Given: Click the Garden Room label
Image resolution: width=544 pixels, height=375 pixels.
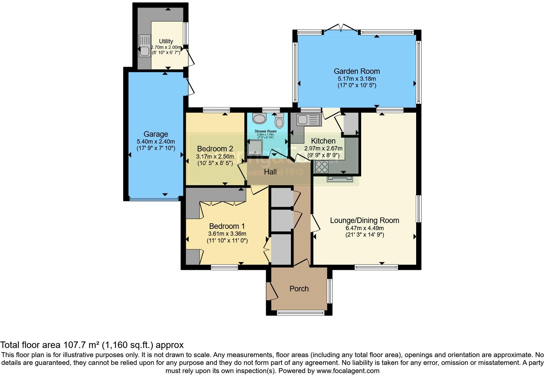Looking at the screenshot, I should coord(357,71).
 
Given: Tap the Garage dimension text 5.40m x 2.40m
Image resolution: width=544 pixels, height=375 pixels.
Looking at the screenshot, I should coord(156,142).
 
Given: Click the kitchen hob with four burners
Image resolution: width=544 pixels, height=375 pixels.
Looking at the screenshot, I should coord(322,167).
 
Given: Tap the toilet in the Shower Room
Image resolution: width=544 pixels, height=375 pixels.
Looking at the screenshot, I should coord(279,121).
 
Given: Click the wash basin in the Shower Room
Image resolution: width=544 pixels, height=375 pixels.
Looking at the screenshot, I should coord(259,119).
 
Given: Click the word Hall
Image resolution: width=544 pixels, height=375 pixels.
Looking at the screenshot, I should coord(270,172).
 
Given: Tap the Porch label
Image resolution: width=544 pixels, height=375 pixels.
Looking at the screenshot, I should coord(299,289).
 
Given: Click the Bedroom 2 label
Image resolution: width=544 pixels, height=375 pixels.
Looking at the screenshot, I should coord(215,149).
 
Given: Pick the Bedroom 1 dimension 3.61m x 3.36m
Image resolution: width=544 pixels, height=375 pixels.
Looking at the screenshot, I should coord(227,234).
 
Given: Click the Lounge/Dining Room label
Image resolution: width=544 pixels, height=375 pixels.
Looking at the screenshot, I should coord(364,220).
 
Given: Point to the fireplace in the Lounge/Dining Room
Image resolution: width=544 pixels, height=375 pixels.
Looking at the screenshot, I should coord(340,178).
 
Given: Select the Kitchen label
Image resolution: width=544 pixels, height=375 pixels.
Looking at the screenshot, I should coord(323,141).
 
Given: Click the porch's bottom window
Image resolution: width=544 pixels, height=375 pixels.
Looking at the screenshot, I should coord(301,313).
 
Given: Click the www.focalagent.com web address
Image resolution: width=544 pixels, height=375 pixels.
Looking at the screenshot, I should coord(348,371).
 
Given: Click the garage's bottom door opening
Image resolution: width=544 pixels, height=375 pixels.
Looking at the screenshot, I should coord(154,198).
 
